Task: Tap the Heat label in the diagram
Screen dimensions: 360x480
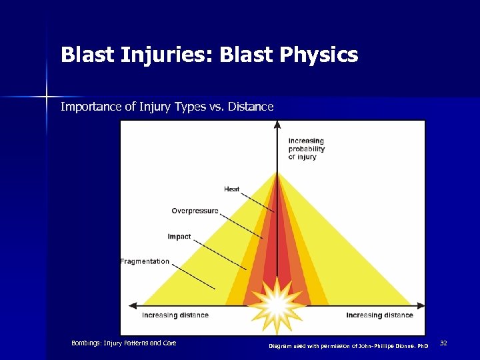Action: click(231, 189)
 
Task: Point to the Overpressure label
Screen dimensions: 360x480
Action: click(195, 211)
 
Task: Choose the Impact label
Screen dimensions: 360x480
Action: click(179, 237)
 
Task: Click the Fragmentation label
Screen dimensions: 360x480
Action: click(145, 261)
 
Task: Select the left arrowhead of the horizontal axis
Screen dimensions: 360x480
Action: click(131, 306)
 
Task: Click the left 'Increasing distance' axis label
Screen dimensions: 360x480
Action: click(175, 315)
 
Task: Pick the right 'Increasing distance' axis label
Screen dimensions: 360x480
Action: click(379, 315)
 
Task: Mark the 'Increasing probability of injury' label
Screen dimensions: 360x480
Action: click(307, 149)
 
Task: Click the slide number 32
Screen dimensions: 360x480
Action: click(443, 343)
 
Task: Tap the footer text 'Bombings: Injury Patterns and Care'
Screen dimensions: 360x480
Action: click(124, 343)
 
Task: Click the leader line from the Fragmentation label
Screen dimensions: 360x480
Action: click(194, 277)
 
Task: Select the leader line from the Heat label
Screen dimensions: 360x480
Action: click(257, 202)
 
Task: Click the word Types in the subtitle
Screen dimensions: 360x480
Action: click(188, 107)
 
